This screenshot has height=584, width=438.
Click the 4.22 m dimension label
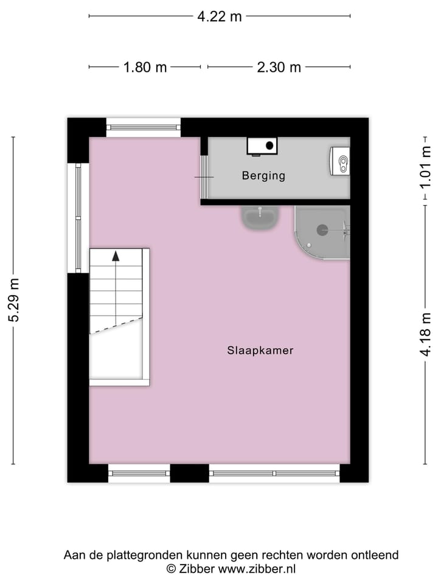click(x=219, y=16)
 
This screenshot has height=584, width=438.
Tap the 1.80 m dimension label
click(x=145, y=67)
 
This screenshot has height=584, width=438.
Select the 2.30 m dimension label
click(x=279, y=67)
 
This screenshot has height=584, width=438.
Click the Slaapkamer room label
click(x=260, y=350)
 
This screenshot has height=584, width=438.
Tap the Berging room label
click(x=263, y=176)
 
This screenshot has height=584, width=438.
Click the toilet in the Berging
click(x=341, y=161)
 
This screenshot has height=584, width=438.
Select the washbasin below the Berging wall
click(x=260, y=217)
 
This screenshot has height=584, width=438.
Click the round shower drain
click(x=322, y=230)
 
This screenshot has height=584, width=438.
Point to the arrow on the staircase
click(x=116, y=255)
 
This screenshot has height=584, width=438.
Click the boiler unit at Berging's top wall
click(x=262, y=145)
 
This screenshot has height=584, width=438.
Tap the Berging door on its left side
click(x=204, y=176)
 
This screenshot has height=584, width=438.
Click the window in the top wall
click(x=144, y=127)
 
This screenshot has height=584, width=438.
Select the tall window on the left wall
click(x=78, y=217)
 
